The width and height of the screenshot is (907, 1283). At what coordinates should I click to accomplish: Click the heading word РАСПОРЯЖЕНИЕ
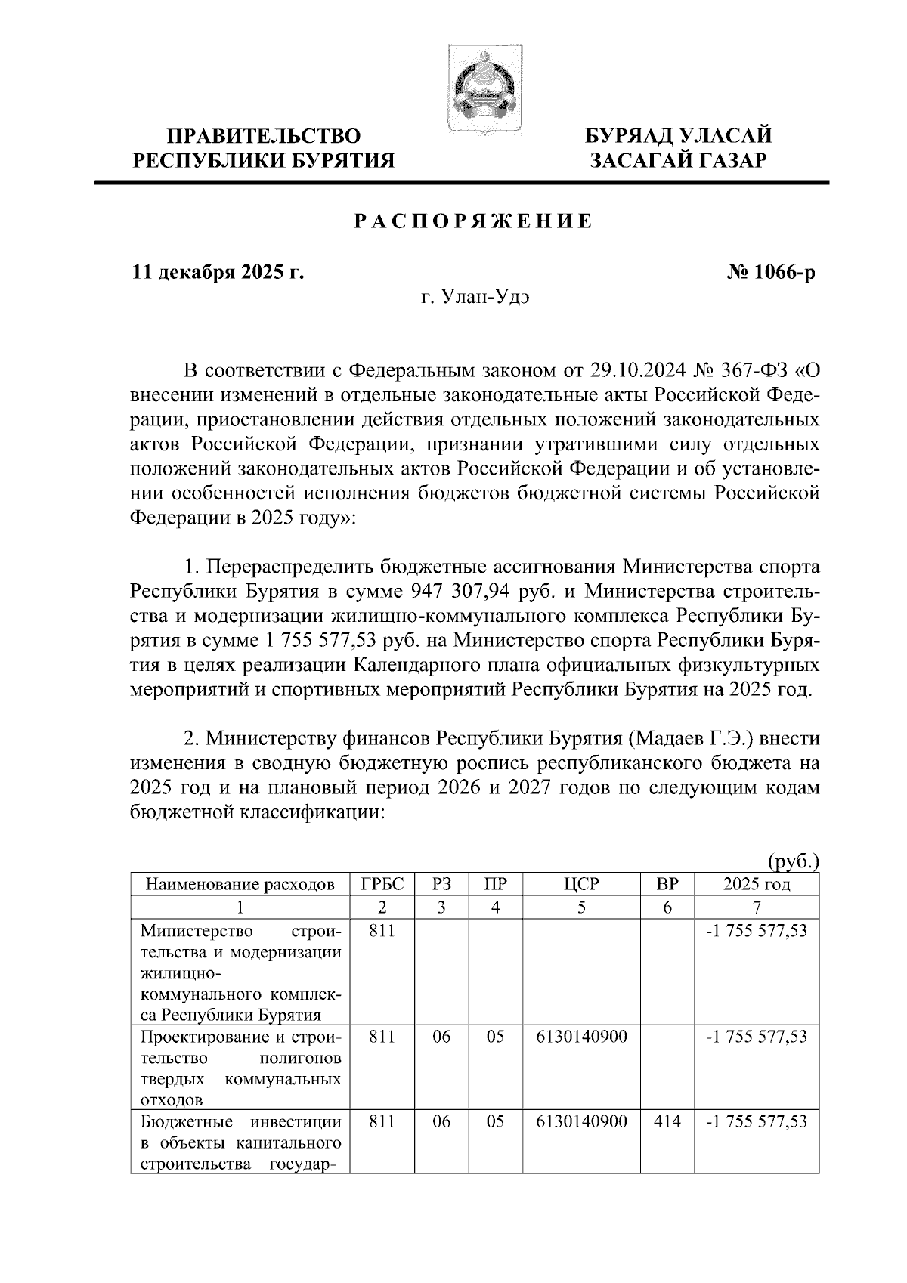point(474,222)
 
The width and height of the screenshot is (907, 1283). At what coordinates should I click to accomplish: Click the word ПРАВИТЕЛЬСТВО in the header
point(263,136)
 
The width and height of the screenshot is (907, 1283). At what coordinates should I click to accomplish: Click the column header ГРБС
point(382,884)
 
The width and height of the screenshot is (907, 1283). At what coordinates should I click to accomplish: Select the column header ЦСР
point(580,884)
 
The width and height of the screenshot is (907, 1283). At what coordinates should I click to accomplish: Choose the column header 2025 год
point(757,884)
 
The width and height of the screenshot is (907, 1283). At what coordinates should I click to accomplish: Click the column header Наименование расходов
point(240,884)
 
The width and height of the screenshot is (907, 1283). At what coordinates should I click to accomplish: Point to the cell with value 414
point(667,1122)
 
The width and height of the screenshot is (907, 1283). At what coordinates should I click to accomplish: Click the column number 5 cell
point(580,907)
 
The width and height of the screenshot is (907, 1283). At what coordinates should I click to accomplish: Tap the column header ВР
point(667,884)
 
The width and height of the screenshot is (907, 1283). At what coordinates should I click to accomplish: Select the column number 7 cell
point(757,907)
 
